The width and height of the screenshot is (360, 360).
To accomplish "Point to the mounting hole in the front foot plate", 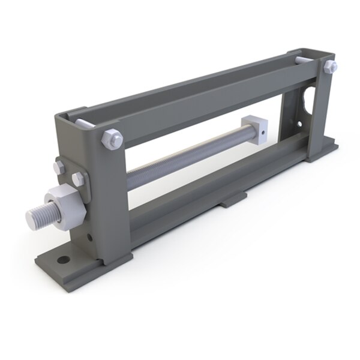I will pyautogui.click(x=61, y=260).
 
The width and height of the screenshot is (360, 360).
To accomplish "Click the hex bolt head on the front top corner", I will pyautogui.click(x=112, y=137).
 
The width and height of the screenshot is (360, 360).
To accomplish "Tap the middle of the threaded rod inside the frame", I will pyautogui.click(x=186, y=155).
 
